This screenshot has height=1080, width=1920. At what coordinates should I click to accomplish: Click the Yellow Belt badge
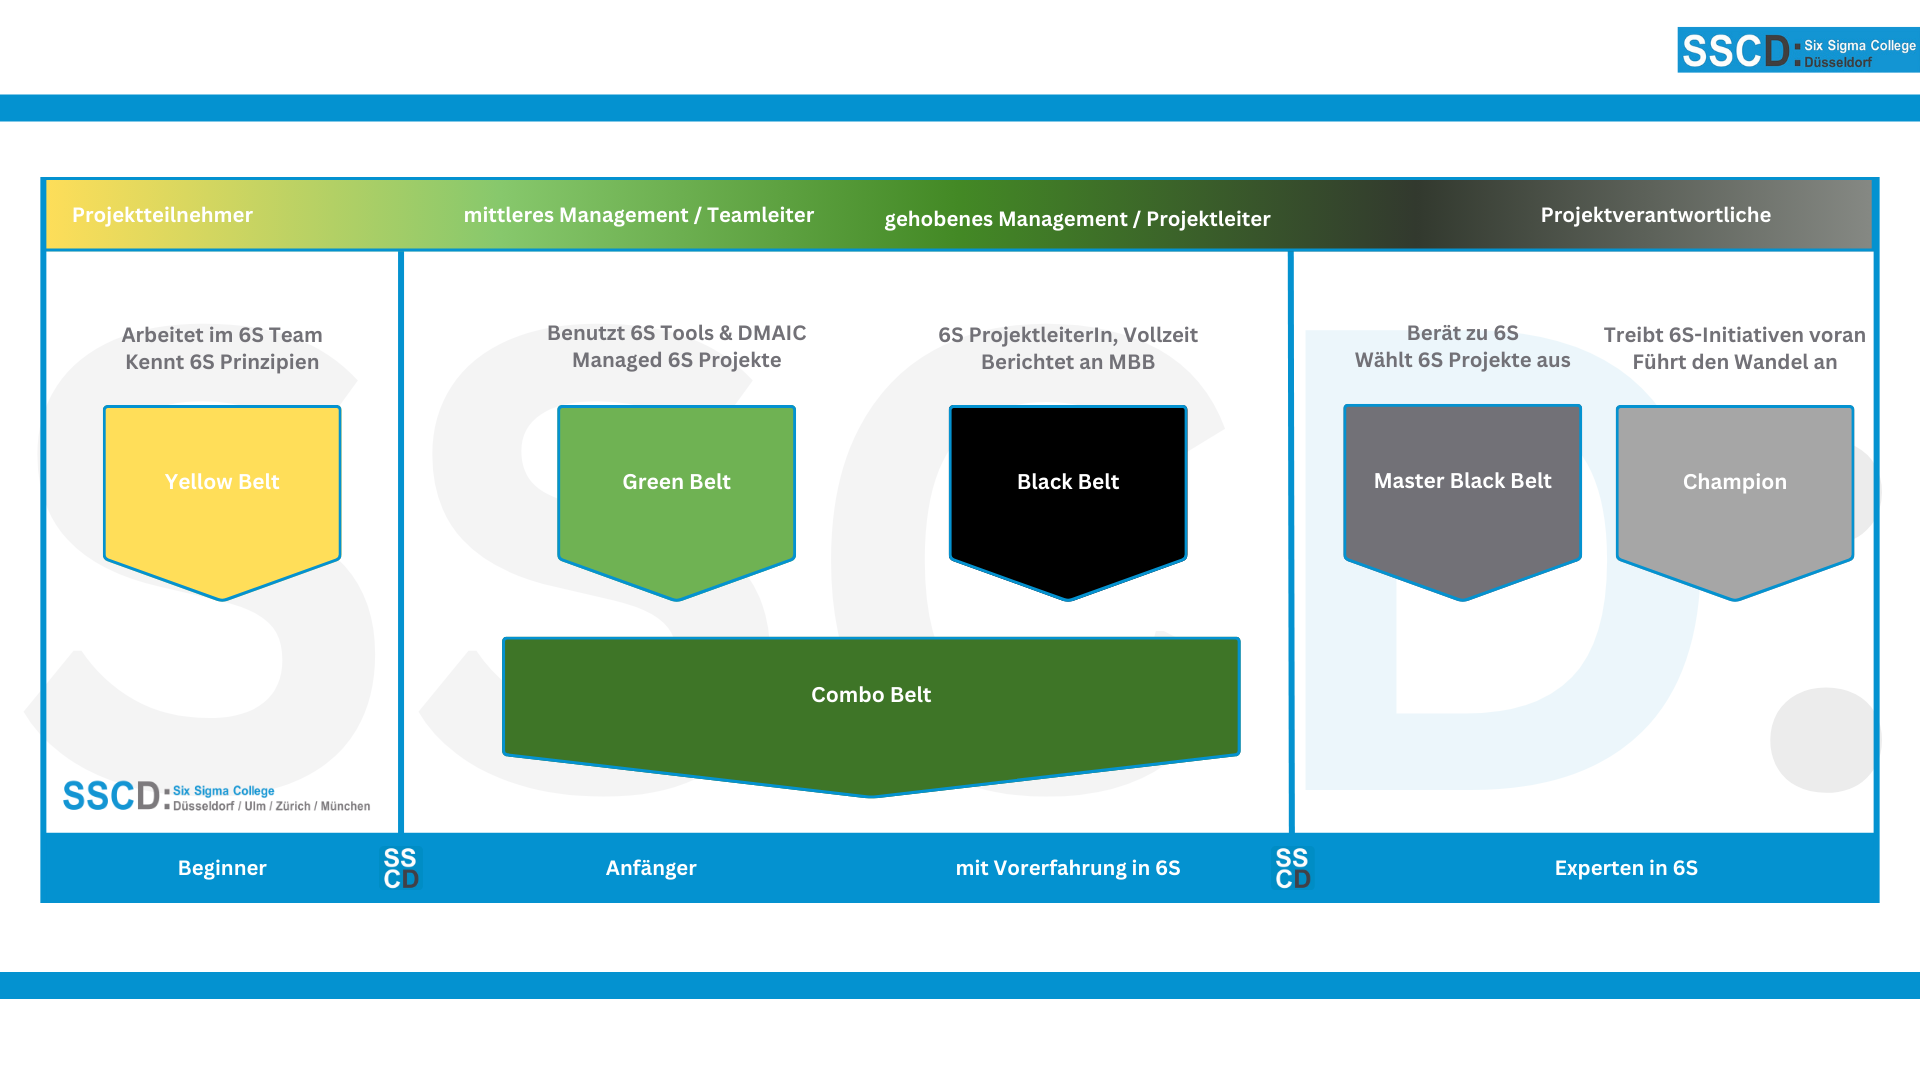click(x=222, y=490)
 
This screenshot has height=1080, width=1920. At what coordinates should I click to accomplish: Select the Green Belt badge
click(x=676, y=490)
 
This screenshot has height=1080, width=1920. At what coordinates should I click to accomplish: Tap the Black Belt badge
click(x=1068, y=490)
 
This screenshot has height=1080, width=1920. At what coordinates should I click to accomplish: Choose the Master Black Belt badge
click(x=1462, y=490)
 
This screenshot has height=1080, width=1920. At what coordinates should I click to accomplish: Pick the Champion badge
click(x=1734, y=490)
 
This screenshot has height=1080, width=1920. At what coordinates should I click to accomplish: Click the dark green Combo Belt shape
click(x=871, y=704)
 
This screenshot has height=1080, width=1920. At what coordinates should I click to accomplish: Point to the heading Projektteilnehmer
click(x=162, y=215)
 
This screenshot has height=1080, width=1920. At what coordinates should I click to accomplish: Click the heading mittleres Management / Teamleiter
click(x=638, y=215)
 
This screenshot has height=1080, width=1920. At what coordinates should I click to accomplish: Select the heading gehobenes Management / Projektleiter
click(x=1077, y=219)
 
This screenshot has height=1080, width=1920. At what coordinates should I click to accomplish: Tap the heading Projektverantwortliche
click(x=1655, y=215)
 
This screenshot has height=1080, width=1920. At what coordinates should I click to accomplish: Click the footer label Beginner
click(x=222, y=868)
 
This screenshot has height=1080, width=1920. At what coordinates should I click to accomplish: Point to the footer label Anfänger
click(x=651, y=868)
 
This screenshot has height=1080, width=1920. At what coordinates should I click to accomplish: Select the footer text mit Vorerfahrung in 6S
click(x=1067, y=868)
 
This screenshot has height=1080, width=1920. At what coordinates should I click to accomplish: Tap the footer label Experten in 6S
click(x=1626, y=868)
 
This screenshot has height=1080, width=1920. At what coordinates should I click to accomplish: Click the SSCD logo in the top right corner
click(x=1797, y=50)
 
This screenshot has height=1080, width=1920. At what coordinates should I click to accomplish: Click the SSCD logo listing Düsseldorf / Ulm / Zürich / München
click(x=216, y=796)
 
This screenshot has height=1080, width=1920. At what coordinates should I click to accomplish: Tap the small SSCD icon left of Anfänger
click(x=401, y=868)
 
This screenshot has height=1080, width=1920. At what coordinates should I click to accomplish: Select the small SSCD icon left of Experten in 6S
click(x=1292, y=868)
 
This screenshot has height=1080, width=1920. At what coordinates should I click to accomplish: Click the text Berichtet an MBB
click(x=1067, y=362)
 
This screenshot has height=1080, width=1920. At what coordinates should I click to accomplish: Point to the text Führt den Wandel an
click(x=1734, y=362)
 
